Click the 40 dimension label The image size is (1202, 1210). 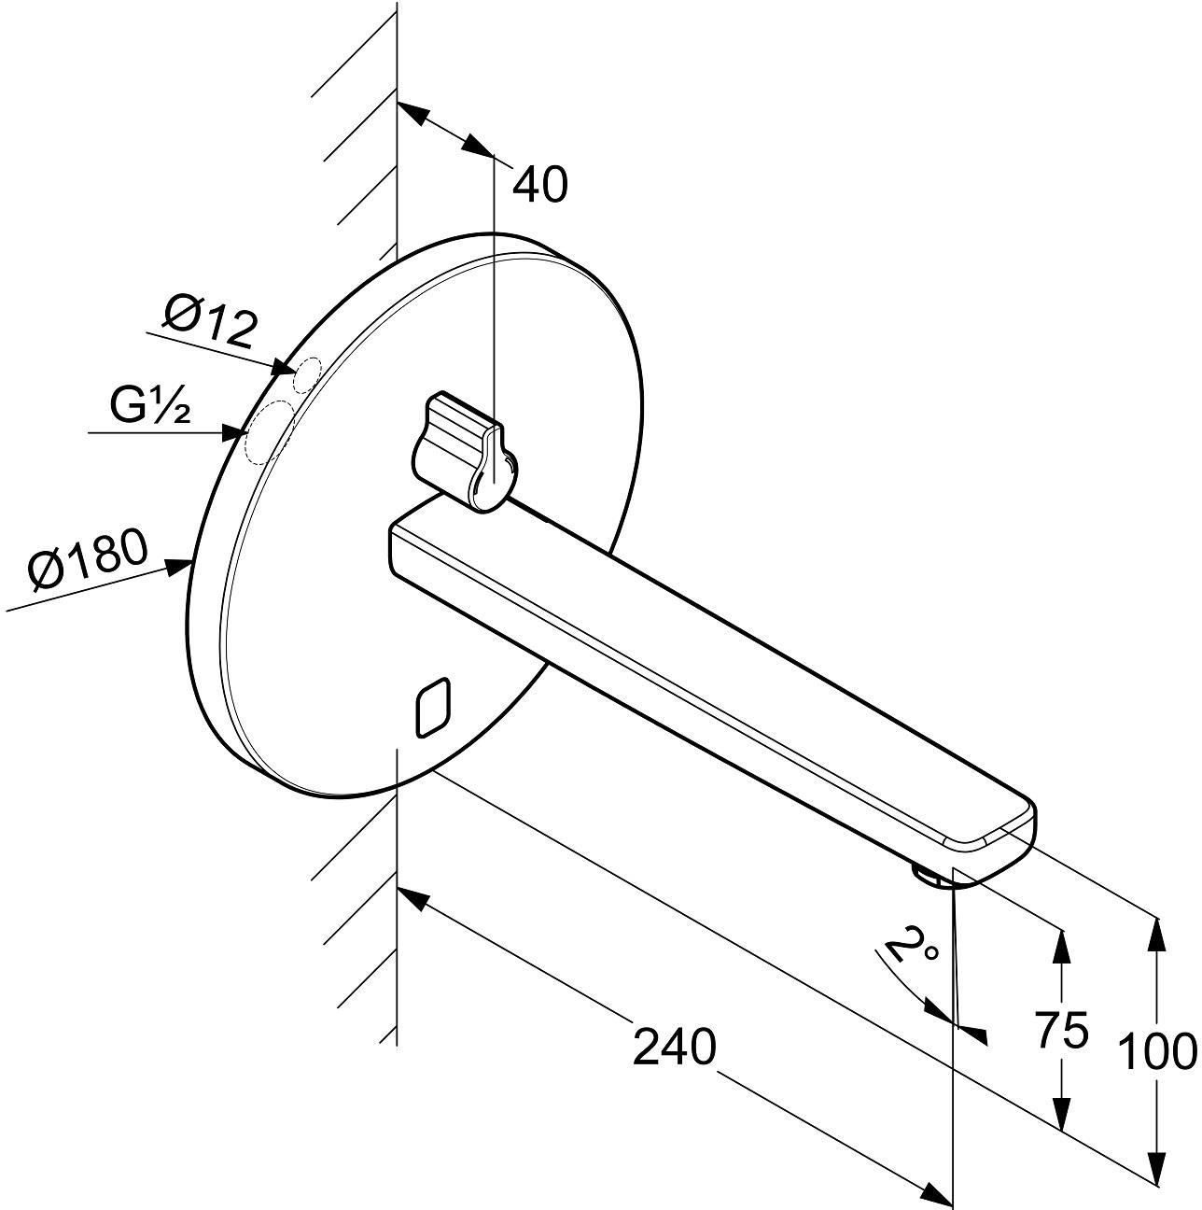point(539,185)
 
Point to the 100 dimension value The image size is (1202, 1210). point(1158,1051)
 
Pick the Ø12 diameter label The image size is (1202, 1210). point(210,321)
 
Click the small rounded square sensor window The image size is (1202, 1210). point(432,707)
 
